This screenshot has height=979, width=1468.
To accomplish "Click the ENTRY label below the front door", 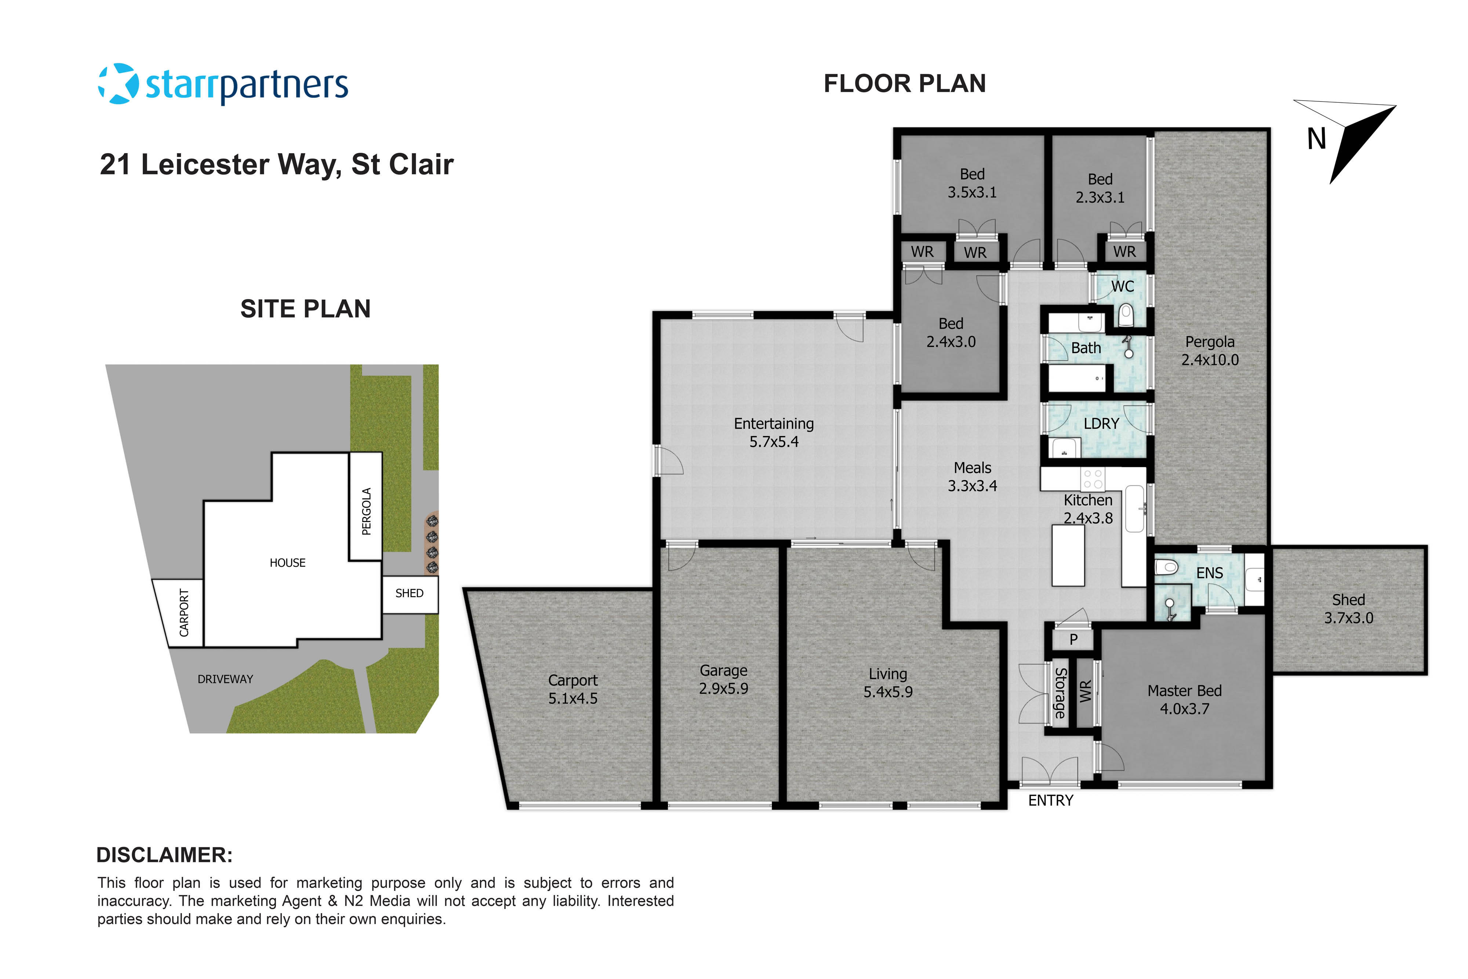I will (x=1050, y=801).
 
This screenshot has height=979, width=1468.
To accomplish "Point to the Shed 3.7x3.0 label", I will (x=1348, y=609).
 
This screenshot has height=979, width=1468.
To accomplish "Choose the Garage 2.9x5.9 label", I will (x=723, y=679).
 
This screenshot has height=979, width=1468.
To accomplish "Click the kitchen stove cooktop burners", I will (x=1093, y=479).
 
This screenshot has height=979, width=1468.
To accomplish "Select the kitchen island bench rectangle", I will (x=1068, y=555).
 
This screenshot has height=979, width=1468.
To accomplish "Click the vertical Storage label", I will (x=1060, y=693).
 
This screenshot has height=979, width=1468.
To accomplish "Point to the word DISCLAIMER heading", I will (x=164, y=855).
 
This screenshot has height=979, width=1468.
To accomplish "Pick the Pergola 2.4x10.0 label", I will (x=1210, y=351).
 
